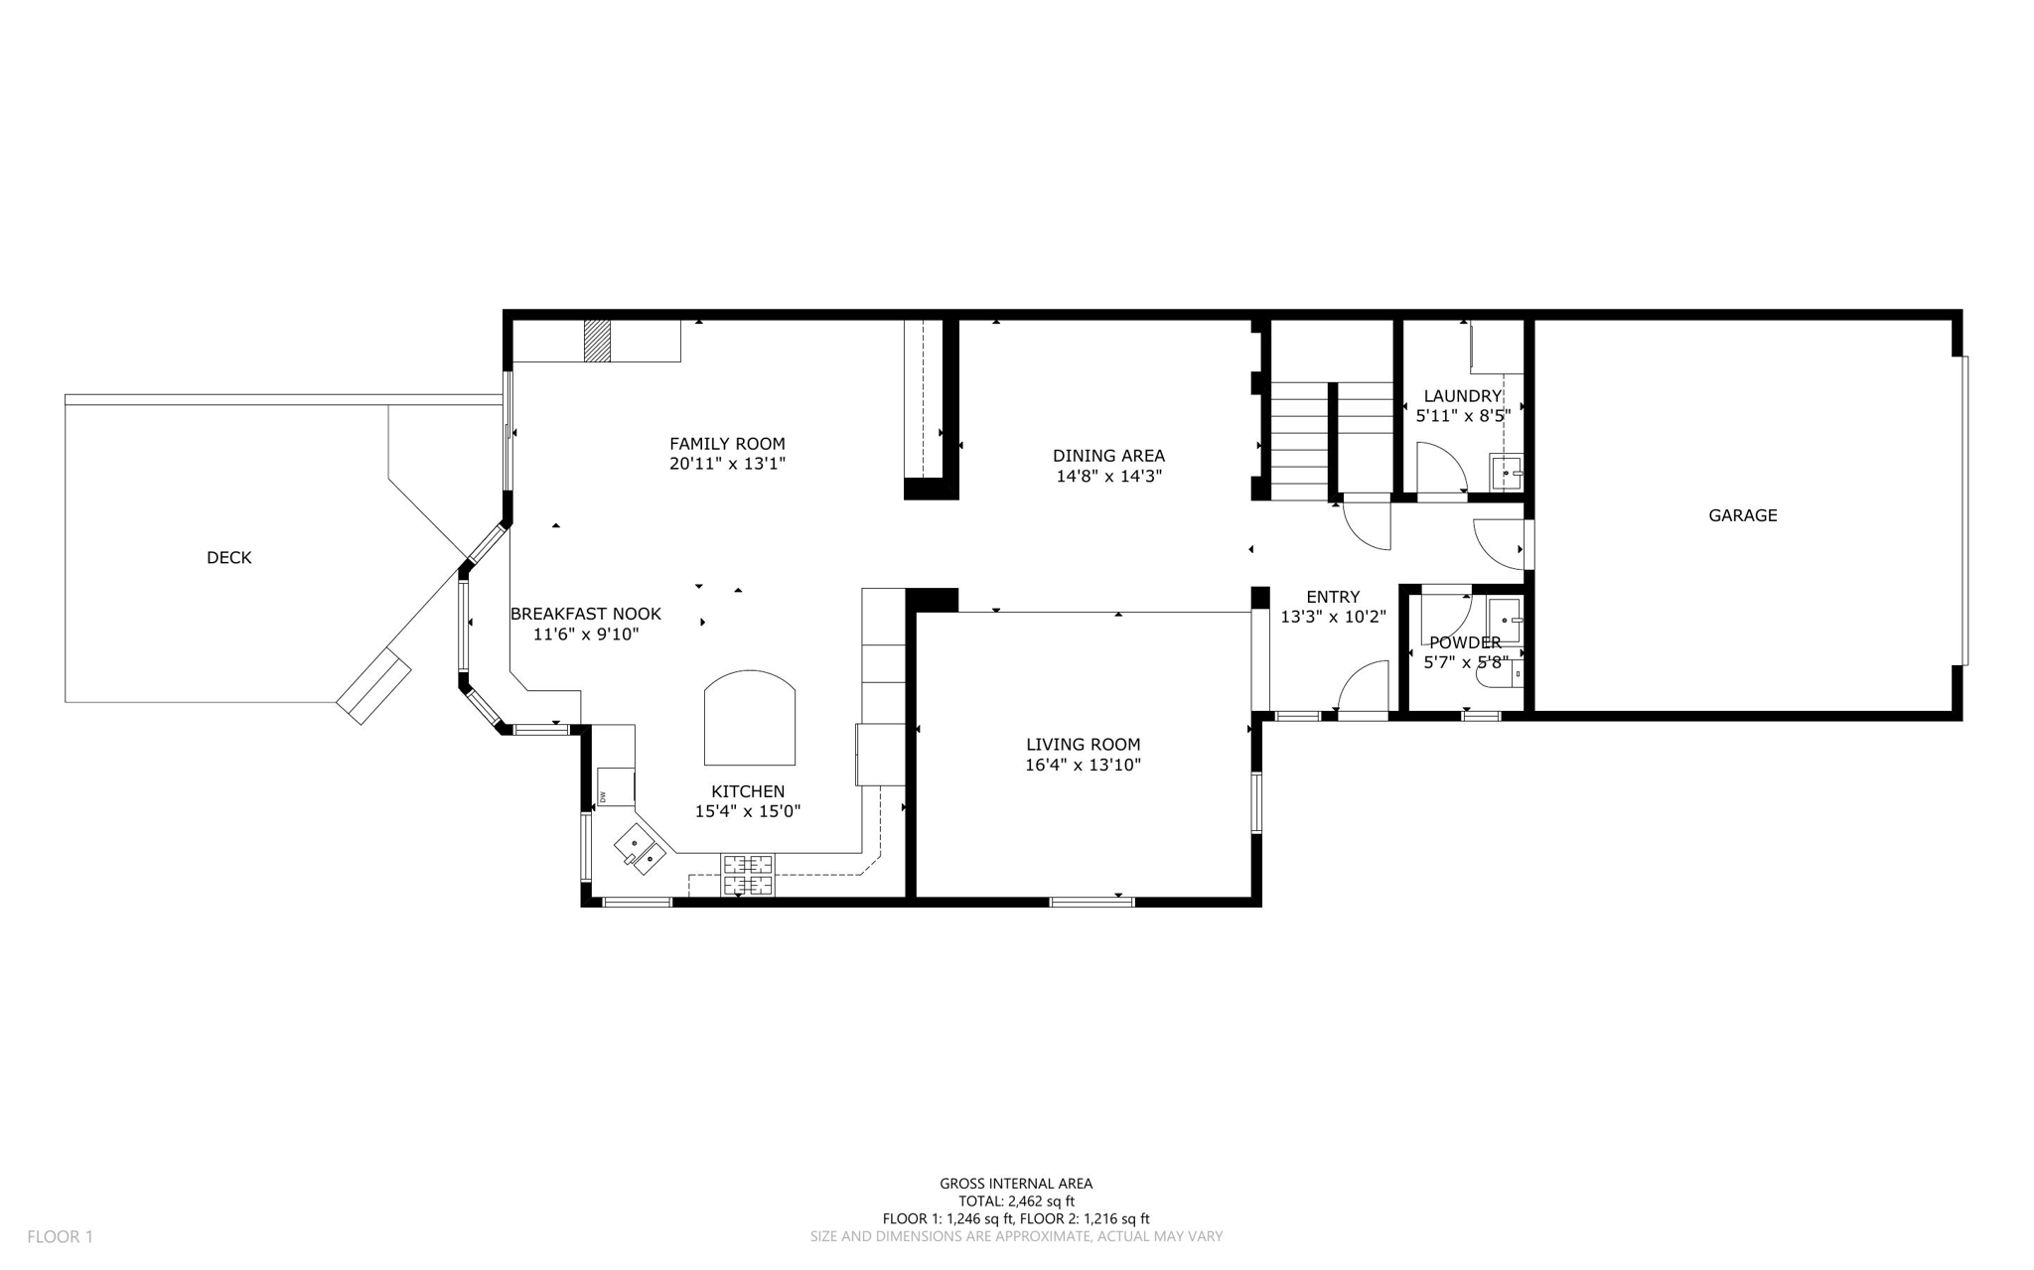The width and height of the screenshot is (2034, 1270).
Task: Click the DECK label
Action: tap(228, 558)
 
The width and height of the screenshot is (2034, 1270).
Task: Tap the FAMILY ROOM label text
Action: tap(727, 444)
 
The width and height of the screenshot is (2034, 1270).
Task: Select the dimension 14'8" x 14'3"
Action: tap(1108, 477)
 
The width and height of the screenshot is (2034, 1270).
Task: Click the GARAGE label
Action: tap(1742, 515)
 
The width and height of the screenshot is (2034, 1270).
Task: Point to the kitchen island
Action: tap(750, 719)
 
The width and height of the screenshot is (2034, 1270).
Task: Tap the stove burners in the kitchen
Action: tap(747, 875)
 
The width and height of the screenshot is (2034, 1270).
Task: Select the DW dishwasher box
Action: tap(616, 787)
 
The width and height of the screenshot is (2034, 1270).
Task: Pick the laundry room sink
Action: tap(1507, 473)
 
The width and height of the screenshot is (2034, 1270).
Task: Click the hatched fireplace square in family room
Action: tap(596, 341)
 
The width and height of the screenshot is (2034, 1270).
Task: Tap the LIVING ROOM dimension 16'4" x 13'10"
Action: tap(1083, 766)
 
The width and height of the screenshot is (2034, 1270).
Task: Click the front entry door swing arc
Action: tap(1362, 686)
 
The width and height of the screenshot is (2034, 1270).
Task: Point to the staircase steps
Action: tap(1331, 441)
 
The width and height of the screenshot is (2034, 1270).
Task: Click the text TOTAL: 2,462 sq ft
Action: tap(1016, 1200)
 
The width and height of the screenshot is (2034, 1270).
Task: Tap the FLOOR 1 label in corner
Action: tap(60, 1236)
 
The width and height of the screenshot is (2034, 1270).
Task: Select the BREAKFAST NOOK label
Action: tap(585, 615)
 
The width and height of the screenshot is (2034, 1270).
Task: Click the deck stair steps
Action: tap(373, 685)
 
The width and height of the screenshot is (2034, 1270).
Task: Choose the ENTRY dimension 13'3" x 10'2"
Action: tap(1333, 617)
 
